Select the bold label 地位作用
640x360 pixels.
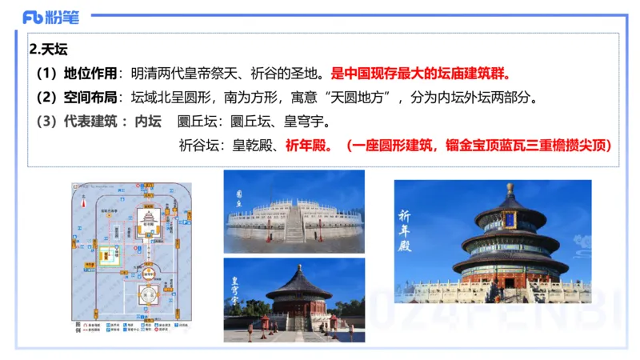[90, 74]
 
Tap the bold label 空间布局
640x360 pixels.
[90, 98]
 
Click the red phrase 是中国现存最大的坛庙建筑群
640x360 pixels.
[421, 74]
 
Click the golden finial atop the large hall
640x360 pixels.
[510, 190]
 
